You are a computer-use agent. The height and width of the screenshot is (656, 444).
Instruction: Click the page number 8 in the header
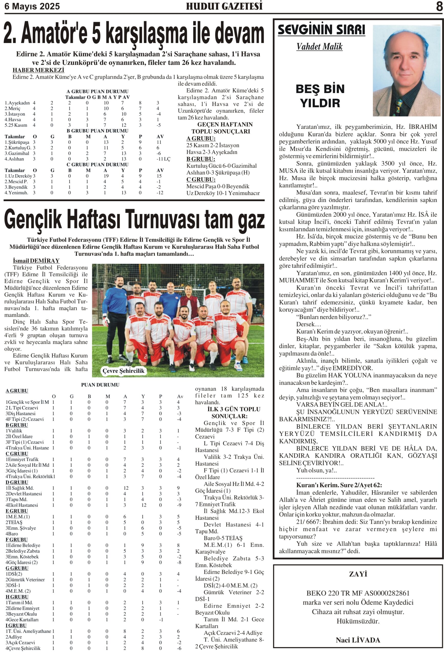point(439,6)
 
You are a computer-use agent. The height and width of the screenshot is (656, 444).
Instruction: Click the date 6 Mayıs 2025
point(32,6)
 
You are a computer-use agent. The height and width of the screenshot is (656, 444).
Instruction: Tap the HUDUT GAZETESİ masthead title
point(224,6)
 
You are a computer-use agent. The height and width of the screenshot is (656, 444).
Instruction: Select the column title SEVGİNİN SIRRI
point(321,30)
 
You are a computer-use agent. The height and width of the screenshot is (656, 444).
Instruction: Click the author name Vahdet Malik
point(319,47)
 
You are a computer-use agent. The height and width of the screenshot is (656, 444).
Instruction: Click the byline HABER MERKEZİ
point(38,70)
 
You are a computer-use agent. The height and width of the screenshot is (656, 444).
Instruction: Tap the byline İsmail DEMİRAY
point(36,261)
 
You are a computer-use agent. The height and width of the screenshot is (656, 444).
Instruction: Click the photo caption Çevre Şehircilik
point(123,371)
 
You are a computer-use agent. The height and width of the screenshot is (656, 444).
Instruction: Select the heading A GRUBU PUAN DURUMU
point(97,91)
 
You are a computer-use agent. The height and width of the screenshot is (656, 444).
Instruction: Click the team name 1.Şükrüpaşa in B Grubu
point(17,142)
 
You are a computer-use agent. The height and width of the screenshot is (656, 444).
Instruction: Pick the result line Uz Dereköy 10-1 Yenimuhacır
point(223,193)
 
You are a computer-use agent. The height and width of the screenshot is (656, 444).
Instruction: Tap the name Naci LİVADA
point(358,640)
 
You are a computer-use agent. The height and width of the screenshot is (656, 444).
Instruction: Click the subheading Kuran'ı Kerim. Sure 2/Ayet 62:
point(339,485)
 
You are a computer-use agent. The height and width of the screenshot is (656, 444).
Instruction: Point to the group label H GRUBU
point(17,597)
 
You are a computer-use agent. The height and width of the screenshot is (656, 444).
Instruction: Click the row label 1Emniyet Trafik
point(22,459)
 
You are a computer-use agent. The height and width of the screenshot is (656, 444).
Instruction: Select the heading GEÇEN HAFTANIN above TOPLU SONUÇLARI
point(225,125)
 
